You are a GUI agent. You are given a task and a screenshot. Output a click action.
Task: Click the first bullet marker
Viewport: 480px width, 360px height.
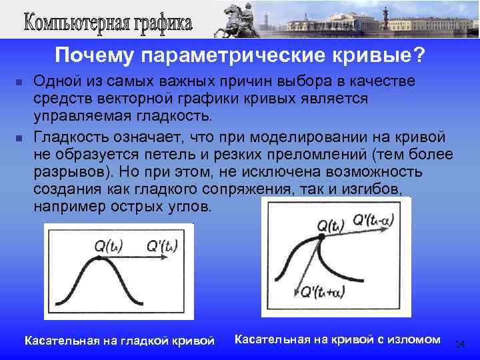tap(18, 83)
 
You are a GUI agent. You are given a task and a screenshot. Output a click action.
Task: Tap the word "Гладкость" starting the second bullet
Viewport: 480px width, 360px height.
tap(71, 137)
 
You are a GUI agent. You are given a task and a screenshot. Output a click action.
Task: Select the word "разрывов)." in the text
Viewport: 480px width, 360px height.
tap(73, 172)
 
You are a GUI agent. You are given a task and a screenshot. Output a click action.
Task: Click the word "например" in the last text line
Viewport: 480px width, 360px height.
tap(66, 207)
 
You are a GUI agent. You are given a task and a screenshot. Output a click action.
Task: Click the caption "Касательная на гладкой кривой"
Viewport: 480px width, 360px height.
tap(119, 341)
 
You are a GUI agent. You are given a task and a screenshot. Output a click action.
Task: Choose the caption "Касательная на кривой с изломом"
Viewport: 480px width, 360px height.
tap(338, 339)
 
